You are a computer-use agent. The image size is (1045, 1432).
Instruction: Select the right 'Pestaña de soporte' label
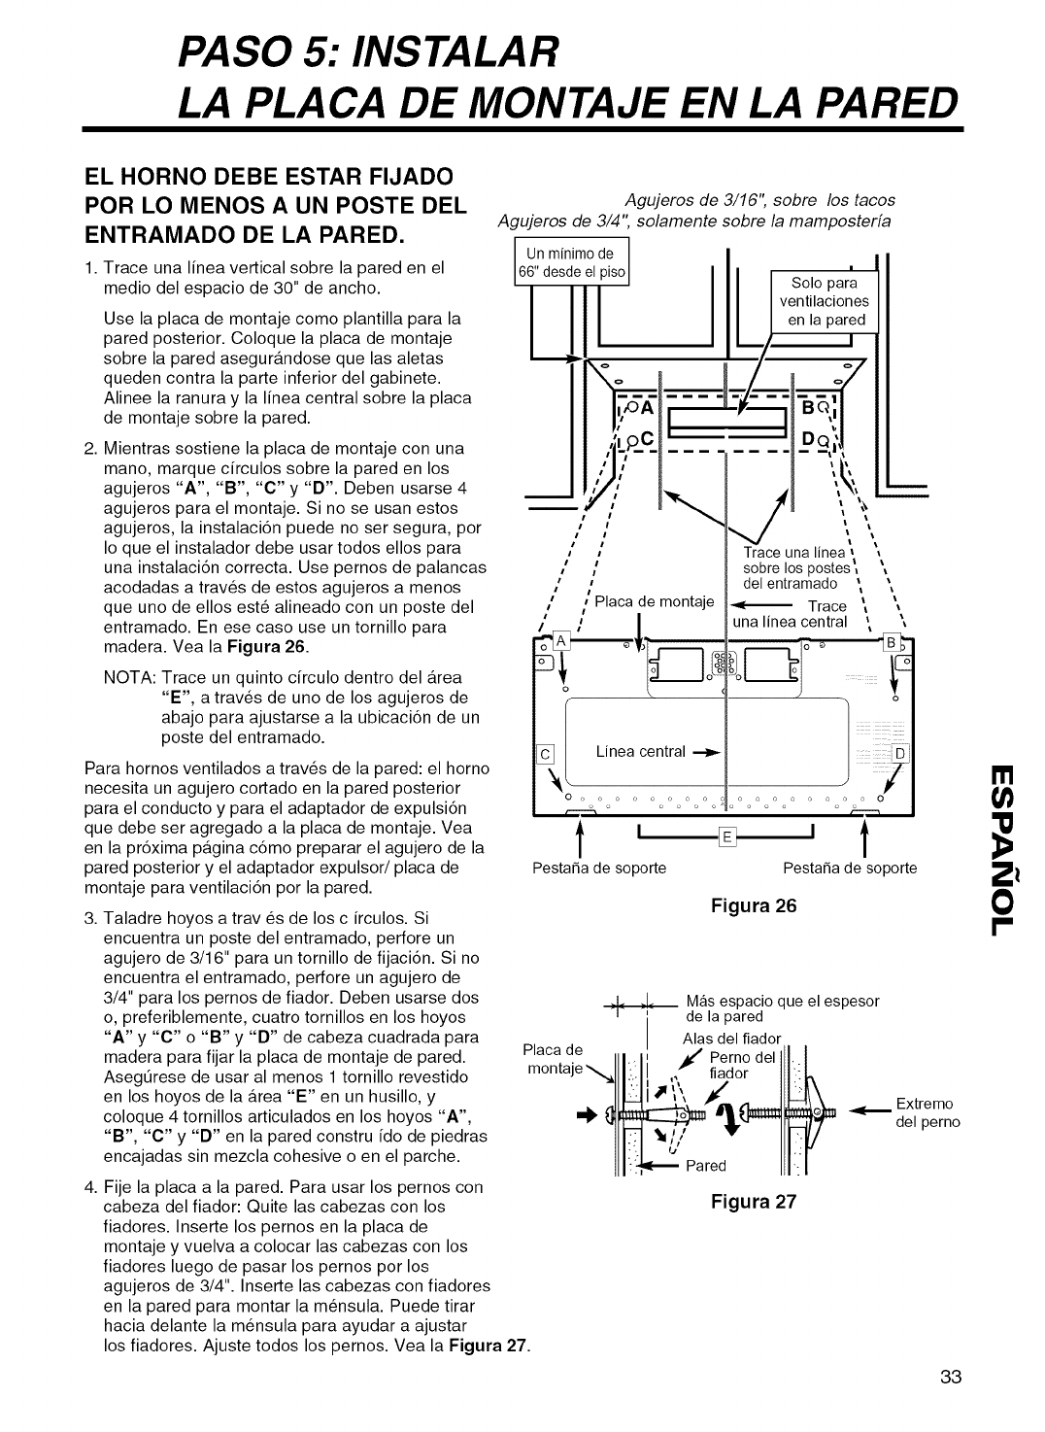click(850, 868)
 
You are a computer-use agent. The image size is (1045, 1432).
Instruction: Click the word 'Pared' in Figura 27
click(706, 1165)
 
